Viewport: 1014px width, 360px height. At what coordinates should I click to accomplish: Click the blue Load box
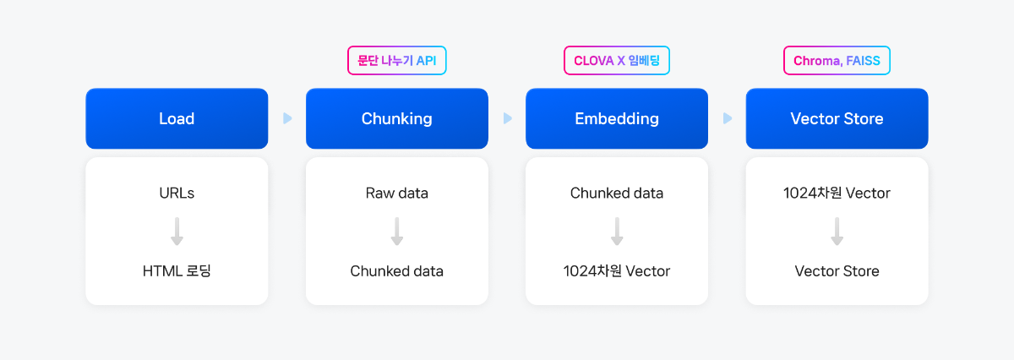tap(177, 118)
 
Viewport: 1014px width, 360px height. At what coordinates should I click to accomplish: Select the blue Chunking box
tap(396, 118)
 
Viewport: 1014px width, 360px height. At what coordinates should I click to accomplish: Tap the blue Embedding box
tap(617, 118)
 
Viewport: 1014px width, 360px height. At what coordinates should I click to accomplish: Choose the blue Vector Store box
tap(837, 118)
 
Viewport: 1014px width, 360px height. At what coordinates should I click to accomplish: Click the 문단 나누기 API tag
tap(396, 60)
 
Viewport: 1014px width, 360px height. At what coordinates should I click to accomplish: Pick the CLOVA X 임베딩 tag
tap(617, 60)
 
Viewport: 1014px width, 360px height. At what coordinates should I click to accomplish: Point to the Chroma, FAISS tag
tap(837, 60)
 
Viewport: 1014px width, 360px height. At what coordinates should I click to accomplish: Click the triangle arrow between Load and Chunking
tap(287, 118)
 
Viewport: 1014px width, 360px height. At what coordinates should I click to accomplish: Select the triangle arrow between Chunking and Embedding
tap(507, 118)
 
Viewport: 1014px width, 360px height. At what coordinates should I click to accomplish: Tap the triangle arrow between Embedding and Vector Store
tap(727, 118)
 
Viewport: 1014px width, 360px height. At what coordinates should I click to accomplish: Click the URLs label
tap(177, 193)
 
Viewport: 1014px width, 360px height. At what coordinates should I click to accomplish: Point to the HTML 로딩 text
tap(177, 270)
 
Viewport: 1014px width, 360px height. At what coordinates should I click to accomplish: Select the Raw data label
tap(396, 193)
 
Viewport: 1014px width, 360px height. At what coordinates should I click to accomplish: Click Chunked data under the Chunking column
tap(396, 270)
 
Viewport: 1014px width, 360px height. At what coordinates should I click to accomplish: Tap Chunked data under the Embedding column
tap(617, 193)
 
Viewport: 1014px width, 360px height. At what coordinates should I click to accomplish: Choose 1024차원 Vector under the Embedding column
tap(617, 270)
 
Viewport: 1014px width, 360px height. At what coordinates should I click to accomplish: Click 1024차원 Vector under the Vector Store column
tap(837, 193)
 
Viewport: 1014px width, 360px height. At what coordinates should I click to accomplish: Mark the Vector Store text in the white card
tap(837, 270)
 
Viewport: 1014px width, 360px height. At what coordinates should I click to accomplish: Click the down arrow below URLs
tap(177, 232)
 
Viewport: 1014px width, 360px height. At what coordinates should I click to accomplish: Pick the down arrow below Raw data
tap(396, 232)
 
